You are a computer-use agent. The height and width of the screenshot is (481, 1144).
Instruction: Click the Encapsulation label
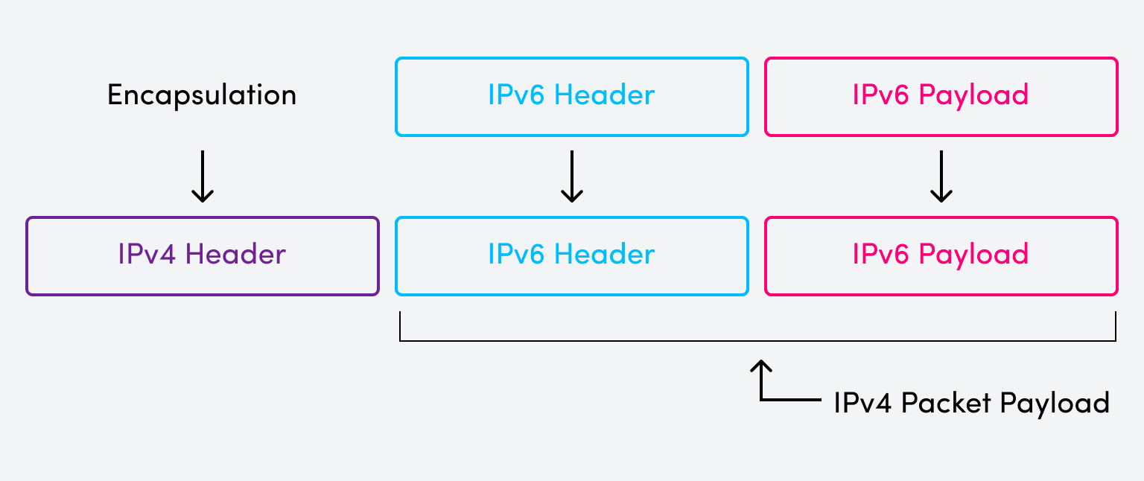click(x=202, y=95)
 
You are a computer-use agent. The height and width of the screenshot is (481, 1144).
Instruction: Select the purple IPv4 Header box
click(x=203, y=256)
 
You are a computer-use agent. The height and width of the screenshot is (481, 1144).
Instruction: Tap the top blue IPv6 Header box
click(x=571, y=97)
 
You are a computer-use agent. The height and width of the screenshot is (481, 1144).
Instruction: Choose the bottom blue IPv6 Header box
click(x=571, y=256)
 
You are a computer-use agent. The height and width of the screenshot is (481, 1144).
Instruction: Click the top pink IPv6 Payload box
click(x=941, y=97)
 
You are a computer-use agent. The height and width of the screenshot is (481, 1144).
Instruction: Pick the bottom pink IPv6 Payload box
click(x=941, y=256)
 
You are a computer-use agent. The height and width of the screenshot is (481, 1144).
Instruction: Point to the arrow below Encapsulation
click(x=203, y=176)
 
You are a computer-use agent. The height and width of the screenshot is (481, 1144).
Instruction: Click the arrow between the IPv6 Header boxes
click(x=571, y=176)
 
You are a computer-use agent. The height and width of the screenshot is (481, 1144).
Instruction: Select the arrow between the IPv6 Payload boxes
click(x=941, y=176)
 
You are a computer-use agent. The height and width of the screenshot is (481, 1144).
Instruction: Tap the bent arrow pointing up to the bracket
click(x=761, y=383)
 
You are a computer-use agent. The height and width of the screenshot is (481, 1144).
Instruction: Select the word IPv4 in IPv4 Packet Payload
click(x=864, y=403)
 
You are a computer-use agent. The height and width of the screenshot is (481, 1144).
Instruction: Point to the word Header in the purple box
click(x=235, y=255)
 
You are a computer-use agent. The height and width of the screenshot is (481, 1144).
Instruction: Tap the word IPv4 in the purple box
click(x=148, y=255)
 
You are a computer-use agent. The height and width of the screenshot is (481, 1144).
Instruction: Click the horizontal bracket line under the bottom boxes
click(x=757, y=341)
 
